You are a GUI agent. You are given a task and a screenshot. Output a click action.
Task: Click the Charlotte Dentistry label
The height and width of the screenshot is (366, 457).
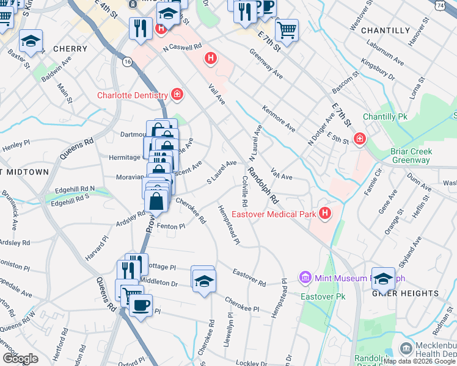133,95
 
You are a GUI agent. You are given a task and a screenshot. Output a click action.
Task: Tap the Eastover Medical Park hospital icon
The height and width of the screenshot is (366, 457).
325,213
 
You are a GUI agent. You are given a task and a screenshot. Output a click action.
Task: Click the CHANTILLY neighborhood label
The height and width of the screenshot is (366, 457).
386,30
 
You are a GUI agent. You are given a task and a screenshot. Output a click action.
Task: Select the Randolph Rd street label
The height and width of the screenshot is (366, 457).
263,185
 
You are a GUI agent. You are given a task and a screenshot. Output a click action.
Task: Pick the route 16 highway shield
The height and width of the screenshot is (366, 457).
127,62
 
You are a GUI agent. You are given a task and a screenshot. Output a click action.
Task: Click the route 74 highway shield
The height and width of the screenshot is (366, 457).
441,5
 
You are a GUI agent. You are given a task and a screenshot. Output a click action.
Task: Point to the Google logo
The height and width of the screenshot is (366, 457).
20,359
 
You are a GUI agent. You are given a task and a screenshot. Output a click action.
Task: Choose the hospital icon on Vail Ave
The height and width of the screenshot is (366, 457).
211,59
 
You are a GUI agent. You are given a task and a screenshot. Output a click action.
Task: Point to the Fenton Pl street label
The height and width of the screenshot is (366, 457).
170,226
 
